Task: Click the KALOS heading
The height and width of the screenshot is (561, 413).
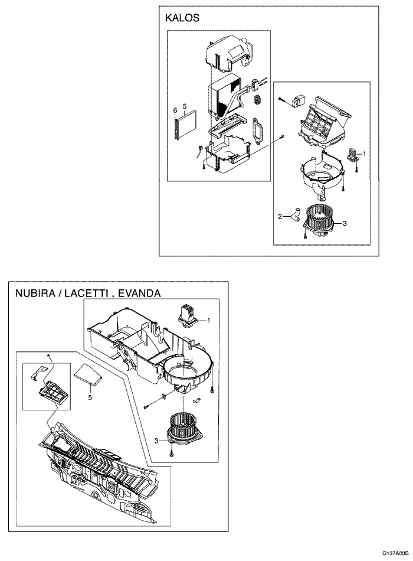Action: (182, 18)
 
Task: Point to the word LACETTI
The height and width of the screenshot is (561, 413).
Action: (88, 293)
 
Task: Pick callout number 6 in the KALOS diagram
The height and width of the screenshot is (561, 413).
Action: (175, 110)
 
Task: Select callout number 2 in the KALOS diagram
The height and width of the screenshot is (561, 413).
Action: (280, 216)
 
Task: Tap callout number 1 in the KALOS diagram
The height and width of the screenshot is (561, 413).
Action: (365, 153)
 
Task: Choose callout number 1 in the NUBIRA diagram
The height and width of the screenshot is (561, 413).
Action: (208, 321)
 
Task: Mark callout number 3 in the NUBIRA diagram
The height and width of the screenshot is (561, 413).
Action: (156, 440)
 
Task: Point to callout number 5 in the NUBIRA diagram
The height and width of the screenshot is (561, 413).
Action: (90, 398)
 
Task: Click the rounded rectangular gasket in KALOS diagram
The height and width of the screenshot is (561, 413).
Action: (258, 129)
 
